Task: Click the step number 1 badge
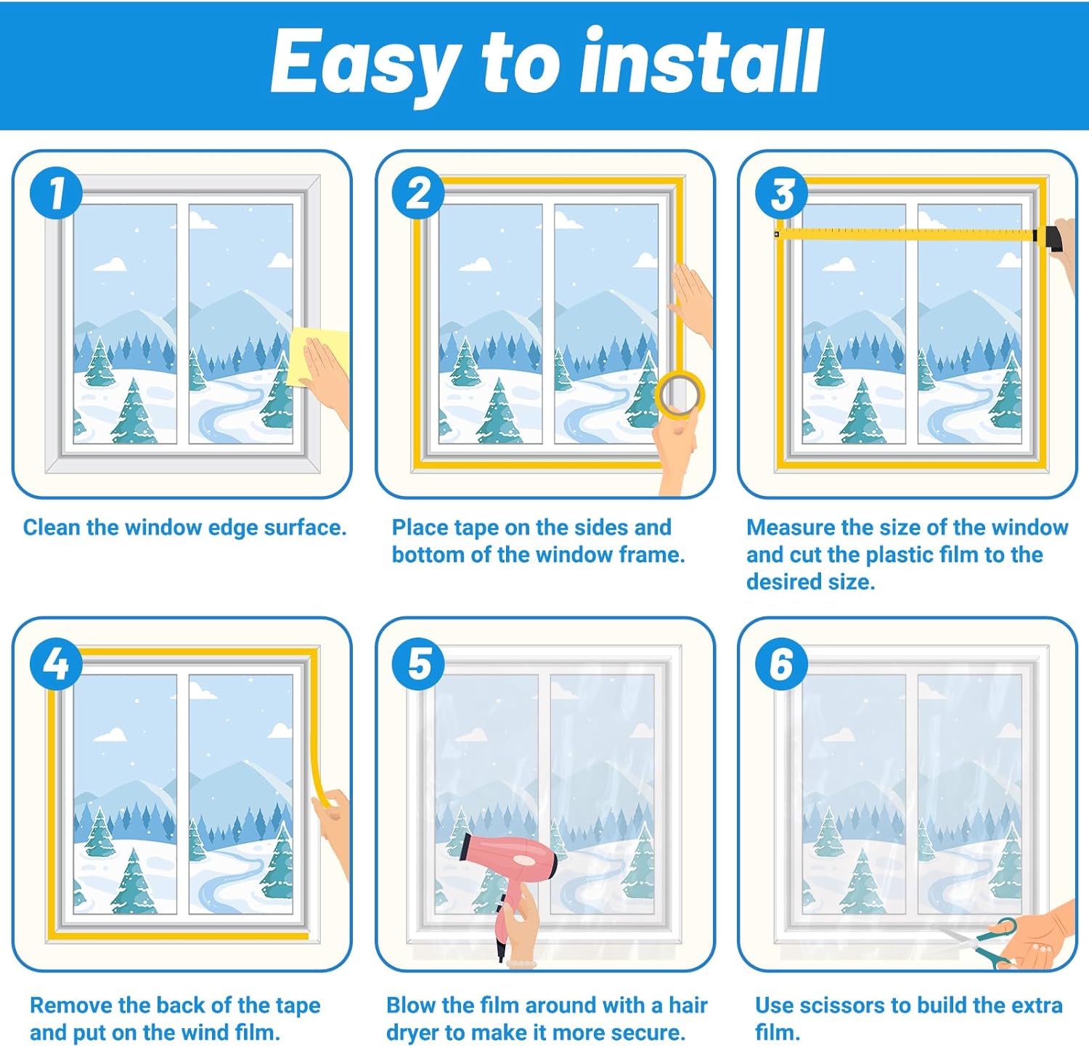[57, 193]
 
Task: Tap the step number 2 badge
[419, 193]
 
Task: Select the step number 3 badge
[782, 193]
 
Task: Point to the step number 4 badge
[57, 664]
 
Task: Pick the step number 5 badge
[419, 664]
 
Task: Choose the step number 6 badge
[782, 664]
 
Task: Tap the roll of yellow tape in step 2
[680, 396]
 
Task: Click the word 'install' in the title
[702, 62]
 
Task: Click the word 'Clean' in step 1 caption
[52, 527]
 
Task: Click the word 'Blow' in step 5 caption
[411, 1005]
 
